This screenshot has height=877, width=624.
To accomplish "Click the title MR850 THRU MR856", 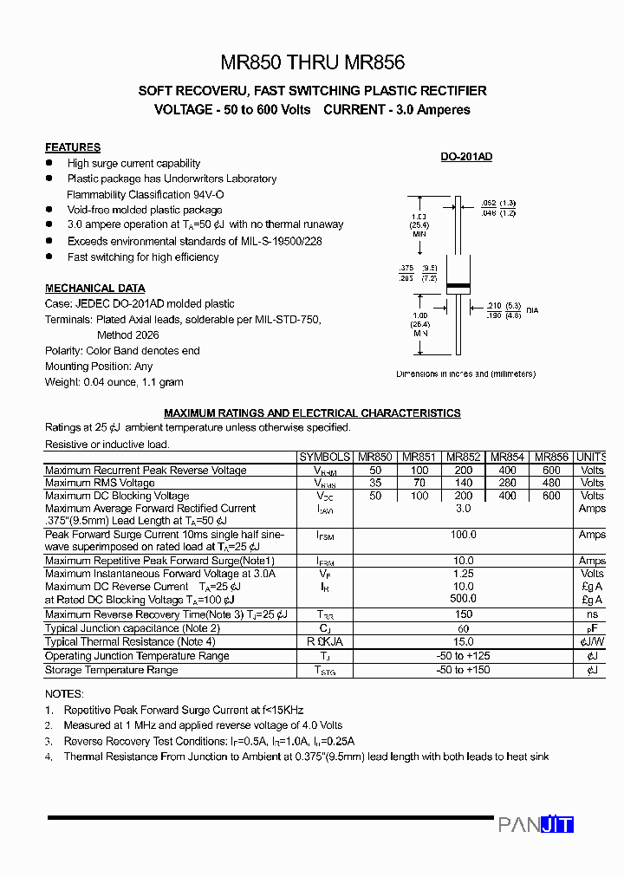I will tap(312, 62).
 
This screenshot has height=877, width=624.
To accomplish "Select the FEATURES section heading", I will tap(73, 147).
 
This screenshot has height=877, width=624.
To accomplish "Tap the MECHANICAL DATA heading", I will tap(95, 288).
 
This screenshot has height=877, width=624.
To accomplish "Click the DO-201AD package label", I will tap(466, 157).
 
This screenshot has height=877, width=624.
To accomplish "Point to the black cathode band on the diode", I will tap(458, 286).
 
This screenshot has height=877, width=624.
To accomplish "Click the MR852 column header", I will tap(464, 457).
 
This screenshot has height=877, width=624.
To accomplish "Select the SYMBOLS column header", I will tap(324, 457).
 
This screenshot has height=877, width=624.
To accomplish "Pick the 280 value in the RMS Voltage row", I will tap(508, 483).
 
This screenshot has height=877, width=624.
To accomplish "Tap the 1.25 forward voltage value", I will tap(464, 574).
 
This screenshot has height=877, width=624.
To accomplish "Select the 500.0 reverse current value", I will tap(464, 599).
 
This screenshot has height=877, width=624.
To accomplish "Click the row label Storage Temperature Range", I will tap(111, 670).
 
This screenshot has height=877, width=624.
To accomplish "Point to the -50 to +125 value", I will tap(464, 656).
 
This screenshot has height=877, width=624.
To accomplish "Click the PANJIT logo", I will tap(536, 824).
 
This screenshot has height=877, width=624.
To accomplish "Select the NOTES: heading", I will tap(64, 694).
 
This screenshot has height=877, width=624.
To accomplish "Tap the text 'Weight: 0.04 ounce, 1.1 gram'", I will tap(114, 381).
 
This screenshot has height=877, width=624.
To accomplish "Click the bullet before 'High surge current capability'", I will tap(49, 163).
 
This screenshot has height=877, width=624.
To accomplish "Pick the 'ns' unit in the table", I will tap(592, 614).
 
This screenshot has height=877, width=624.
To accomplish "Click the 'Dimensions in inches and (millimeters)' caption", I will tap(465, 374).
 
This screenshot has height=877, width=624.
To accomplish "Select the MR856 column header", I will tap(551, 457).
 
